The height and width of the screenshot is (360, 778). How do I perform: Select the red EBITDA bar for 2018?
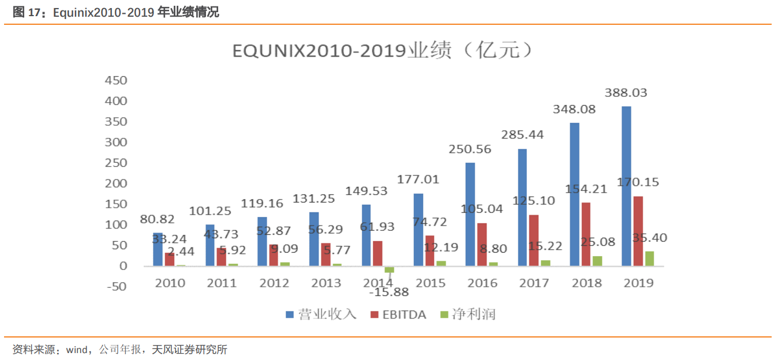pos(586,234)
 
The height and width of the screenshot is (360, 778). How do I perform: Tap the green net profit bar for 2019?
pos(649,258)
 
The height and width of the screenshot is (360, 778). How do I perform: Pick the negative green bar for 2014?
pos(390,269)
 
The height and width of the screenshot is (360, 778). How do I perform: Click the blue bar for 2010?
pos(158,249)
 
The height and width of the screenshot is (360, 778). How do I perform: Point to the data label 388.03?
pos(626,92)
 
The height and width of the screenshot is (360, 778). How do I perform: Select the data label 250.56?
pos(470,149)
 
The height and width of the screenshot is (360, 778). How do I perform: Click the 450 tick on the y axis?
pos(115,80)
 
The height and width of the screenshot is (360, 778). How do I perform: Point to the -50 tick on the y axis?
pos(115,286)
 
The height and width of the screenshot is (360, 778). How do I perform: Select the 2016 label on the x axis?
pos(482,283)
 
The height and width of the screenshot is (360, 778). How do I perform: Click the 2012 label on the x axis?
pos(274,283)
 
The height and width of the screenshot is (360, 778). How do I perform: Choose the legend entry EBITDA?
pos(398,314)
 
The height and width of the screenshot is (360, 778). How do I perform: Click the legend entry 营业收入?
pos(321,314)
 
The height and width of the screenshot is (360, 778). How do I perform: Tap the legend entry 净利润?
pos(467,314)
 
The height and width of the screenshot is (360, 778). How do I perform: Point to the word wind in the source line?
pos(76,350)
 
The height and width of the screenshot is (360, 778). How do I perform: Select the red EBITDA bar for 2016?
pos(482,244)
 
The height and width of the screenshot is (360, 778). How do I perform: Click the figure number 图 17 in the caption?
pos(25,12)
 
